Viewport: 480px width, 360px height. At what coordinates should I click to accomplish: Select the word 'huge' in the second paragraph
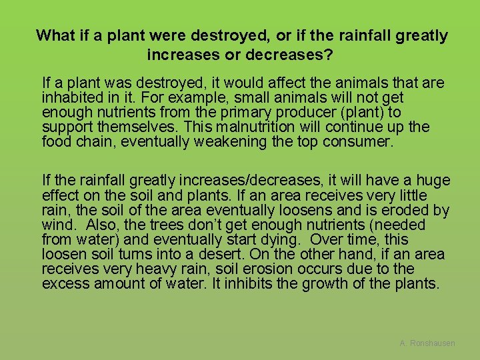[x=435, y=181]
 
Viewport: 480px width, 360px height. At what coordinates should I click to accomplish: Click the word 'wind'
[x=55, y=225]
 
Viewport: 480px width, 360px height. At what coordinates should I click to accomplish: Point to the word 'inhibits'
[x=238, y=283]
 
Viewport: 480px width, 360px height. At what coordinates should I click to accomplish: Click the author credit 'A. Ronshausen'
[x=427, y=343]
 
